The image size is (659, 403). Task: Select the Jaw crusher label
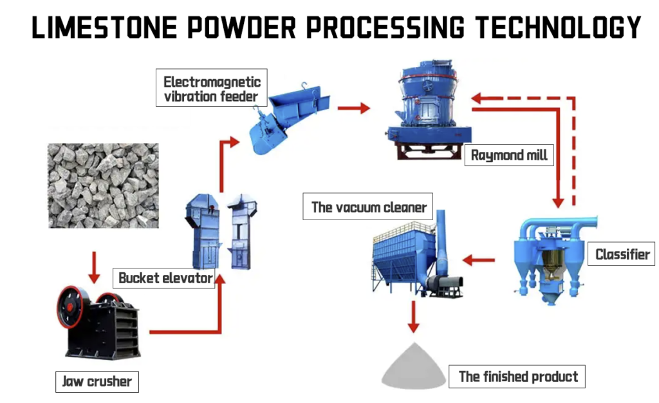coord(96,382)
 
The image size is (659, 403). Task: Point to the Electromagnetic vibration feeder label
coord(212,89)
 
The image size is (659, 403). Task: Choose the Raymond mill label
coord(508,155)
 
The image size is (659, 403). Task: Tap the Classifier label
coord(622,254)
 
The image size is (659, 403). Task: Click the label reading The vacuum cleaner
coord(369,207)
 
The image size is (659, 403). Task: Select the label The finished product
coord(518,377)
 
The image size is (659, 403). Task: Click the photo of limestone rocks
coord(103,185)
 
